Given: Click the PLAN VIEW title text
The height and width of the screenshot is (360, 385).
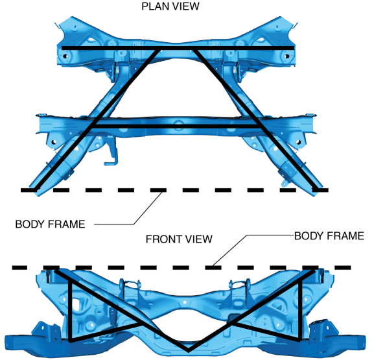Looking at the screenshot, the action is (x=170, y=6).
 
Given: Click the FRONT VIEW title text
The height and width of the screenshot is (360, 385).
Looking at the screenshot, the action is (x=179, y=239).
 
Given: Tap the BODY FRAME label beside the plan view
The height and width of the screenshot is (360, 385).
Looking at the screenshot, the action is (x=50, y=224).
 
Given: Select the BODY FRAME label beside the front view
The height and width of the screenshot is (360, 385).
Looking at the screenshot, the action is (x=329, y=236).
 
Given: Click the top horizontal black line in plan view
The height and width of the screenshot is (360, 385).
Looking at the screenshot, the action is (x=178, y=47).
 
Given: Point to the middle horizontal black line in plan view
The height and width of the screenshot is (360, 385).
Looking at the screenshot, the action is (x=176, y=126).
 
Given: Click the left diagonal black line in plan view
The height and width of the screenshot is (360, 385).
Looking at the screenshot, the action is (x=97, y=119).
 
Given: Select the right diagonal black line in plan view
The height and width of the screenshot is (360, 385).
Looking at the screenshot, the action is (x=255, y=119).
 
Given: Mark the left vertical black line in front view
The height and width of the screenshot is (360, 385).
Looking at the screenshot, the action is (x=70, y=311).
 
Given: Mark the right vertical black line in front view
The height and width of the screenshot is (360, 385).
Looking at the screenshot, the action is (x=300, y=310).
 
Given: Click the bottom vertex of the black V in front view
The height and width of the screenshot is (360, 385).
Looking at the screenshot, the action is (x=189, y=350).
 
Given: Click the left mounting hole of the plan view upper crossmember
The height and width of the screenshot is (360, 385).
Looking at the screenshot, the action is (x=65, y=56).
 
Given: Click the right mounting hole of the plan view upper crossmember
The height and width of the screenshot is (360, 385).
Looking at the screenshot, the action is (x=286, y=56).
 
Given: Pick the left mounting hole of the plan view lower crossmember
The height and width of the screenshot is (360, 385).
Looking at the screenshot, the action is (x=54, y=142).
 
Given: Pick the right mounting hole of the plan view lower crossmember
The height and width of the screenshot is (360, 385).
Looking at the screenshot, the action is (x=299, y=142).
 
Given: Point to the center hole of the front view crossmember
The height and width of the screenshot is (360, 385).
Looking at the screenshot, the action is (x=185, y=302).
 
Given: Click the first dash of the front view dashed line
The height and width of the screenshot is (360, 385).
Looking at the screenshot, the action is (x=19, y=267).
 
